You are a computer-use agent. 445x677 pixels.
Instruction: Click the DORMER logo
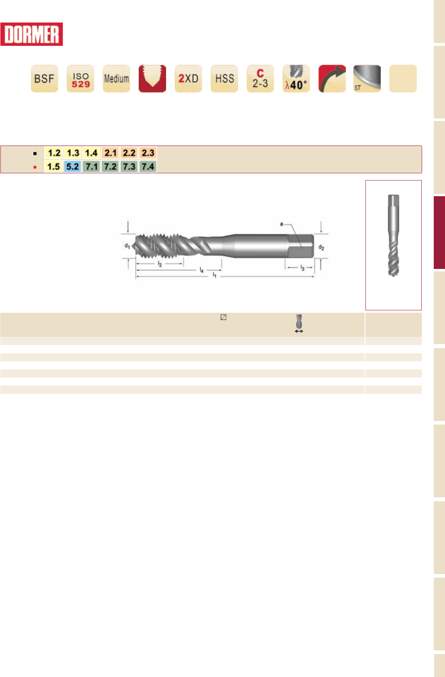coord(31,34)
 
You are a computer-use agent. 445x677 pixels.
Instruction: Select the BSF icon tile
coord(45,78)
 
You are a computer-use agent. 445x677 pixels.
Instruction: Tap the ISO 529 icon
coord(80,78)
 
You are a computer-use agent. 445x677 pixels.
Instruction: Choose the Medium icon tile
coord(117,78)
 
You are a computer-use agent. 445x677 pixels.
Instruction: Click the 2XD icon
coord(189,78)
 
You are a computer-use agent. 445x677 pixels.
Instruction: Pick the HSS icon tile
coord(224,78)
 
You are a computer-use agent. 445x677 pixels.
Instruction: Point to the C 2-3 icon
coord(260,78)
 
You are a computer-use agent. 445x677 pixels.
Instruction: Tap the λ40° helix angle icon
coord(296,78)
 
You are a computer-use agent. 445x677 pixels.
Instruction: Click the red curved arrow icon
coord(332,78)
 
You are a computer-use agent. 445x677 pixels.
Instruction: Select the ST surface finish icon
coord(367,78)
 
